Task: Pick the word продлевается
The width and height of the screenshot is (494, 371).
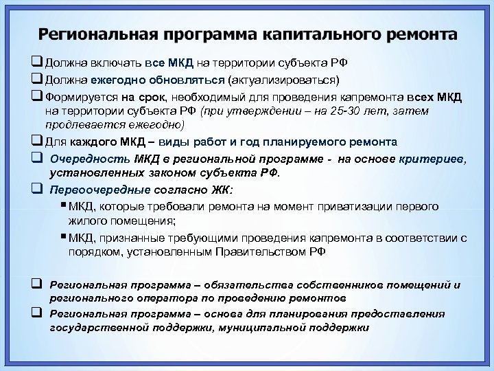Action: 74,125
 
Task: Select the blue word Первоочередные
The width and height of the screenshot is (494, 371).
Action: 91,189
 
